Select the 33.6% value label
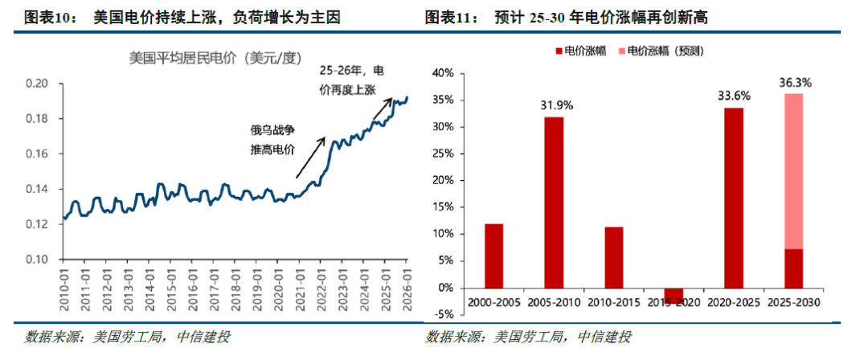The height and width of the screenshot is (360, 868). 735,96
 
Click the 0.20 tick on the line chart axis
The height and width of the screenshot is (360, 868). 38,84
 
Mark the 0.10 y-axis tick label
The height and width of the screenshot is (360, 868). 38,260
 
